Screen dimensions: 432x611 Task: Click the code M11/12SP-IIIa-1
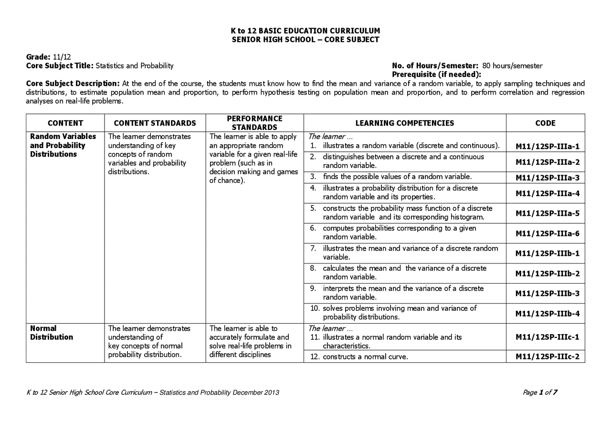pos(548,147)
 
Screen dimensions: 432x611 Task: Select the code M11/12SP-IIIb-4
pos(548,314)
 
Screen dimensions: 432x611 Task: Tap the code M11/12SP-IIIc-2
pos(548,357)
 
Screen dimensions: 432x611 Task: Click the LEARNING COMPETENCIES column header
pos(404,123)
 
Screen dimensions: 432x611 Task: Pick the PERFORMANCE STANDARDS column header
pos(254,123)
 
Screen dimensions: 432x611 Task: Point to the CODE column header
pos(545,123)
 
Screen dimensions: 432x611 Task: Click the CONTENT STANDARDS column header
pos(155,123)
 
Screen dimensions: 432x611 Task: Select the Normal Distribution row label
pos(52,333)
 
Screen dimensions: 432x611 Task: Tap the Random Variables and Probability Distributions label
pos(63,145)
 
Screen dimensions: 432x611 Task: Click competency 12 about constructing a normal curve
pos(365,357)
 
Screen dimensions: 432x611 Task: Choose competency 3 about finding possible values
pos(397,177)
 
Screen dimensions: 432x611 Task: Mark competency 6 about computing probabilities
pos(399,232)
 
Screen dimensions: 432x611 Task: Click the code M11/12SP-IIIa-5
pos(548,213)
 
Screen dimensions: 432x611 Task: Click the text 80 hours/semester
pos(512,66)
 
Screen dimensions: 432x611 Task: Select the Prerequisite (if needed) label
pos(436,74)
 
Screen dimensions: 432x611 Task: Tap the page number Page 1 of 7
pos(540,392)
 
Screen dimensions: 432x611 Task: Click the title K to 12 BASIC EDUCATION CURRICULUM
pos(305,31)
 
